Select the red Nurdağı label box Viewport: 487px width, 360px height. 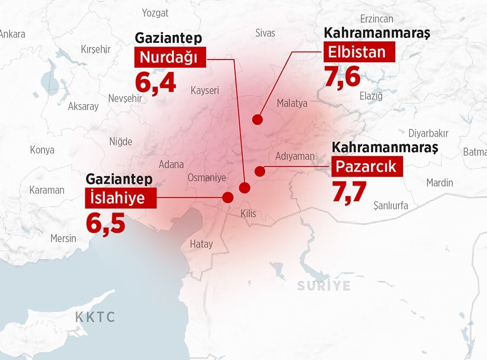pyautogui.click(x=170, y=57)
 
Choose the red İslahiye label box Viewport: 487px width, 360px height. pyautogui.click(x=120, y=198)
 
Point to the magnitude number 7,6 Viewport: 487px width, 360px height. pyautogui.click(x=342, y=77)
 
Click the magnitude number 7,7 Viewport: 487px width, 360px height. pyautogui.click(x=349, y=192)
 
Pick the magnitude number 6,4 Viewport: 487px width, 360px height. pyautogui.click(x=155, y=82)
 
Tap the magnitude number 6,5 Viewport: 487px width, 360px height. pyautogui.click(x=106, y=222)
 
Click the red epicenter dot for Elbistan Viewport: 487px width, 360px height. pyautogui.click(x=258, y=120)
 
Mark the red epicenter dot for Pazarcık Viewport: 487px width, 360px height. pyautogui.click(x=260, y=171)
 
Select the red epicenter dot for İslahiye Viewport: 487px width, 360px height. pyautogui.click(x=228, y=197)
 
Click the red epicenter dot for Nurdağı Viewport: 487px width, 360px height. pyautogui.click(x=245, y=188)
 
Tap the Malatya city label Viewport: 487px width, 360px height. pyautogui.click(x=292, y=103)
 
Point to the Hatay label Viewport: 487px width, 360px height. pyautogui.click(x=201, y=244)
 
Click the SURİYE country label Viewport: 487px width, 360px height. pyautogui.click(x=324, y=285)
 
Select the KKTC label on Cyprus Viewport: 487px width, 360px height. pyautogui.click(x=95, y=317)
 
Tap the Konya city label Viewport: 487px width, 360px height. pyautogui.click(x=42, y=150)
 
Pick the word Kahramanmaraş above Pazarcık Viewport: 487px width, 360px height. pyautogui.click(x=384, y=146)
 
